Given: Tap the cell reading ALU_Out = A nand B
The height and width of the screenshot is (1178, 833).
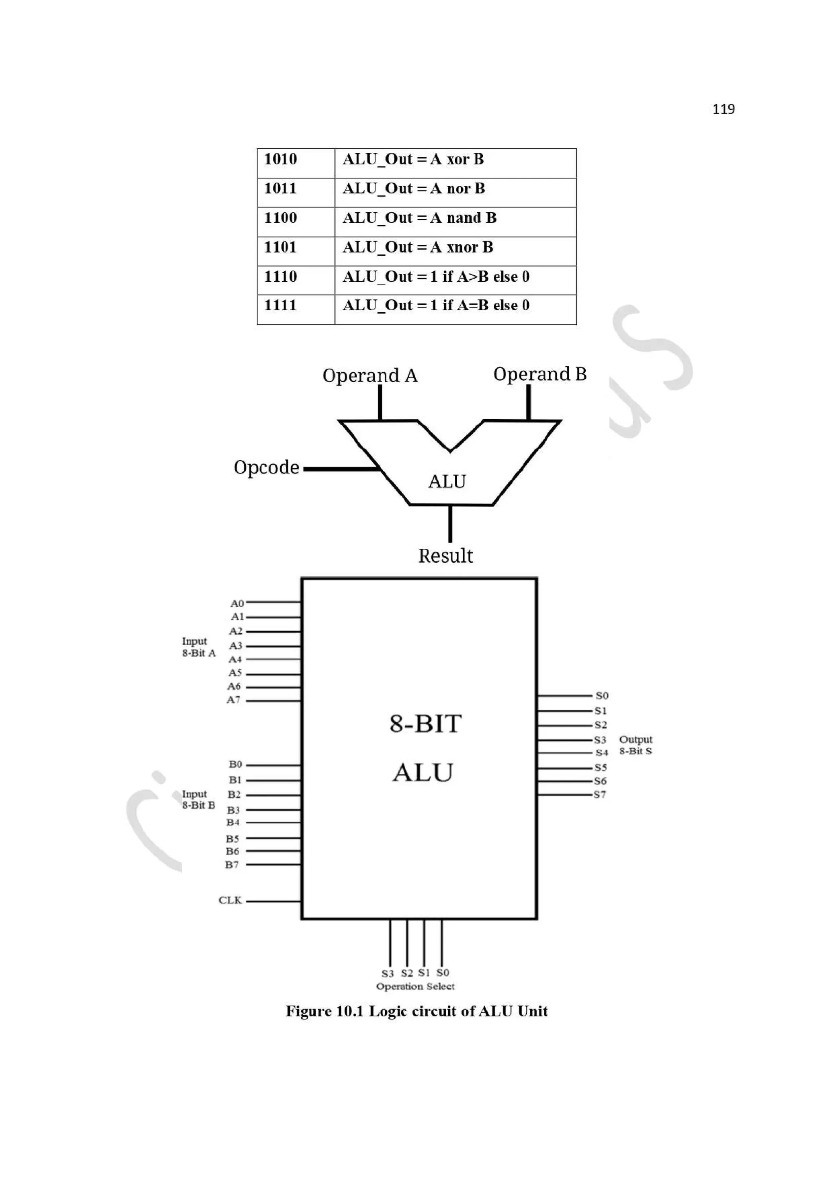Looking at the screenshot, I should point(419,218).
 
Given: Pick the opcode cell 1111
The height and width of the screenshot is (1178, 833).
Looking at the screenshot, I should point(280,306).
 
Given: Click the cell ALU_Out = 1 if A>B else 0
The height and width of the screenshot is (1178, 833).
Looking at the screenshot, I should point(435,277).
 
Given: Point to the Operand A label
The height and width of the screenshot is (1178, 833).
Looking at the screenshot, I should point(370,376).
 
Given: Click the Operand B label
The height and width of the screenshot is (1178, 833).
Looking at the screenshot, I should point(539,374).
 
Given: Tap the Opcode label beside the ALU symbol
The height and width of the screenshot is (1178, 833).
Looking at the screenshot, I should point(266,467).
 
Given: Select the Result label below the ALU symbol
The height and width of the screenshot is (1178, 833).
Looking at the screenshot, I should point(445,556).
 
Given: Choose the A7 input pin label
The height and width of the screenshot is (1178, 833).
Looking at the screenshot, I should point(233,700).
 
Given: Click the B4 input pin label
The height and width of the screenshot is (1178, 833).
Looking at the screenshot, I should point(233,822).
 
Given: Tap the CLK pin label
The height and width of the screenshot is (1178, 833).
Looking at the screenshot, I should point(230,900).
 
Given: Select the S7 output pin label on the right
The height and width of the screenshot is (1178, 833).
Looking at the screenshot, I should point(600,795).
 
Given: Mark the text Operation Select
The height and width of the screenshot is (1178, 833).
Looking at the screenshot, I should point(415,986).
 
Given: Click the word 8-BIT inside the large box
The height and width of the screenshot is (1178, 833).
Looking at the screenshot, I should point(425,724).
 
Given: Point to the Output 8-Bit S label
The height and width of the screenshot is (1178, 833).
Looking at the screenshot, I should point(635,745).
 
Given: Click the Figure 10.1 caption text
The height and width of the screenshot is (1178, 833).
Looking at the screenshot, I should point(416,1011).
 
